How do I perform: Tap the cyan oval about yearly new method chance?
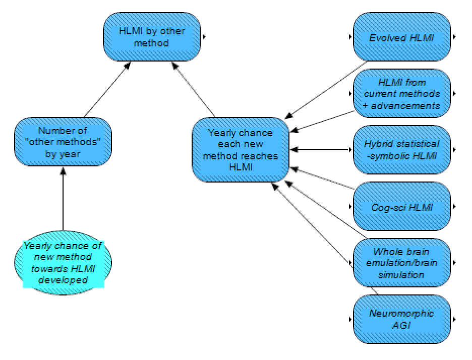click(x=63, y=262)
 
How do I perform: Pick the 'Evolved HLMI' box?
click(x=401, y=37)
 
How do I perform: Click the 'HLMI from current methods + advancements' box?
click(x=401, y=94)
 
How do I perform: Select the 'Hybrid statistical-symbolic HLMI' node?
click(x=401, y=150)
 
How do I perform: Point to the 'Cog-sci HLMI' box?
click(x=401, y=206)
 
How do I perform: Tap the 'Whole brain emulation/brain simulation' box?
click(x=401, y=263)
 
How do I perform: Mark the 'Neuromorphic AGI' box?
click(x=401, y=319)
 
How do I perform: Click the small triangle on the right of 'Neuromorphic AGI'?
click(x=454, y=319)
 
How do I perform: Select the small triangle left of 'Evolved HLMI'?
click(x=349, y=37)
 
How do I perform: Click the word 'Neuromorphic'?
click(x=401, y=314)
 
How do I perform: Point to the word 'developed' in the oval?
click(x=63, y=279)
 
